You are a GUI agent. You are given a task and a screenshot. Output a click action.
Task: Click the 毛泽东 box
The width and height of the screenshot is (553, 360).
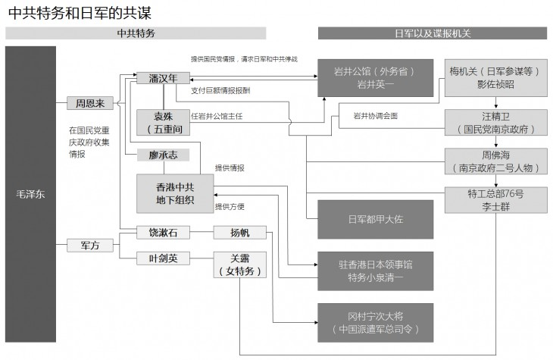(30, 194)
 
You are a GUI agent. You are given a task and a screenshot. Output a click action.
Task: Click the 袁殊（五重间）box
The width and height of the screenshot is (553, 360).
(163, 121)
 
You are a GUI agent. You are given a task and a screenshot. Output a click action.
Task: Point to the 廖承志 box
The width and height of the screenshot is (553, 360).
(163, 155)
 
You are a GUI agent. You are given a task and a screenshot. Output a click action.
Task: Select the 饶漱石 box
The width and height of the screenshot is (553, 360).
(163, 232)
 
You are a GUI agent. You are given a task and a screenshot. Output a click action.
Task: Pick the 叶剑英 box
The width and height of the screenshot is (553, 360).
(163, 258)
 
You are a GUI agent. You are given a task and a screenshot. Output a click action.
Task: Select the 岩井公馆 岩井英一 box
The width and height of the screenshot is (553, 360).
(374, 78)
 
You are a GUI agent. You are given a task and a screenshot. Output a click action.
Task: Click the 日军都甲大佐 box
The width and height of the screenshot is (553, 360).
(374, 219)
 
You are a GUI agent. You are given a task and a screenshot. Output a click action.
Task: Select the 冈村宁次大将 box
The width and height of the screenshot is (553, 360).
(374, 323)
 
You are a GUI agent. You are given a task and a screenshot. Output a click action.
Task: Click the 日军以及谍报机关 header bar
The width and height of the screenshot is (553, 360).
(432, 33)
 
